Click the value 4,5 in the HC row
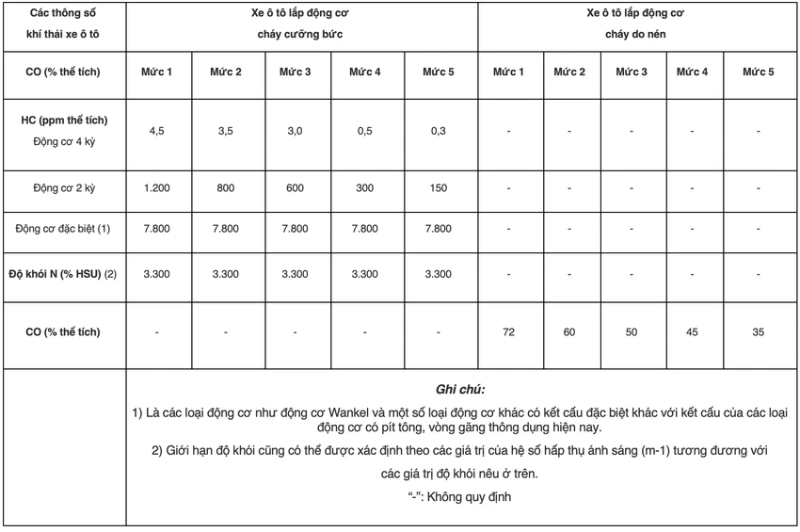pyautogui.click(x=156, y=131)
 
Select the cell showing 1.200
pyautogui.click(x=156, y=188)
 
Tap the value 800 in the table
pyautogui.click(x=226, y=188)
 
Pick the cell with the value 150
pyautogui.click(x=439, y=188)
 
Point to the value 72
pyautogui.click(x=508, y=332)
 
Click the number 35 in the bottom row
pyautogui.click(x=759, y=332)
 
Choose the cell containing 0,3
pyautogui.click(x=439, y=131)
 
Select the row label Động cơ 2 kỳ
pyautogui.click(x=64, y=188)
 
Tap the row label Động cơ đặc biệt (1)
pyautogui.click(x=64, y=229)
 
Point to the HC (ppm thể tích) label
pyautogui.click(x=64, y=121)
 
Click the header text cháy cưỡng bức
pyautogui.click(x=300, y=34)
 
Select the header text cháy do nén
pyautogui.click(x=638, y=34)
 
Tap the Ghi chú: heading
pyautogui.click(x=461, y=388)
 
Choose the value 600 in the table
pyautogui.click(x=296, y=188)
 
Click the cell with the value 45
pyautogui.click(x=692, y=332)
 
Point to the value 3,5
pyautogui.click(x=226, y=131)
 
